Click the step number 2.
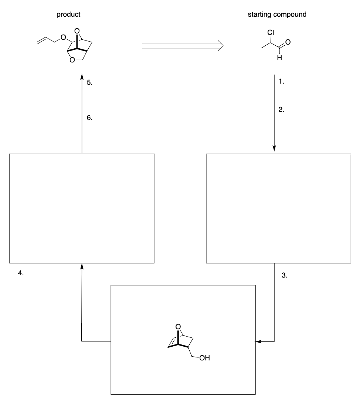[x=282, y=110]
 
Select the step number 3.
[x=284, y=276]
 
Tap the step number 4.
[x=21, y=273]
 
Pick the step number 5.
[x=89, y=83]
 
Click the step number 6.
[x=89, y=118]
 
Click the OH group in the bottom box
[x=204, y=359]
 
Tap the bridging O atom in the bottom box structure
[x=178, y=327]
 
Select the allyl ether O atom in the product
[x=63, y=38]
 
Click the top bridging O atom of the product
[x=76, y=31]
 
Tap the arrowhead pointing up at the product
[x=82, y=76]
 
